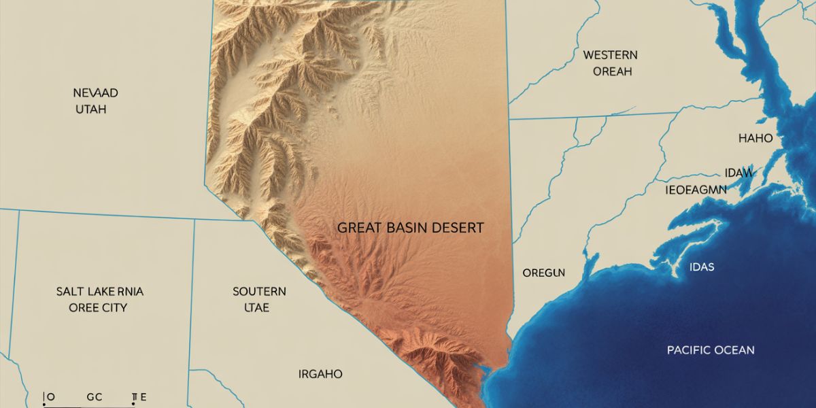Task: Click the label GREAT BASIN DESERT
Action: [x=411, y=228]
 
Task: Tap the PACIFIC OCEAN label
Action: [x=711, y=350]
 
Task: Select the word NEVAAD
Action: [x=90, y=92]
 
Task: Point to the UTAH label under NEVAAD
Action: [x=90, y=109]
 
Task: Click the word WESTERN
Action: [x=610, y=55]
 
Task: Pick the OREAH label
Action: [x=612, y=71]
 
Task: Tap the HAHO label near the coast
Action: [x=755, y=138]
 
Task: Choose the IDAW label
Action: [x=738, y=173]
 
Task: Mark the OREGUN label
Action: [x=543, y=273]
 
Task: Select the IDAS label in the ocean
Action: [x=701, y=267]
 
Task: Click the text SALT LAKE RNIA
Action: [x=100, y=292]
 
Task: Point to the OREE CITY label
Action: [x=98, y=307]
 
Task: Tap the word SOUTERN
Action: [x=259, y=292]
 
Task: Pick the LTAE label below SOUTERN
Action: [x=256, y=307]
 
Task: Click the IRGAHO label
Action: [x=320, y=374]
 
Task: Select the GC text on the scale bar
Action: [x=94, y=396]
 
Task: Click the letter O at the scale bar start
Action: [x=50, y=396]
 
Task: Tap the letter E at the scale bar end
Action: [x=143, y=396]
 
